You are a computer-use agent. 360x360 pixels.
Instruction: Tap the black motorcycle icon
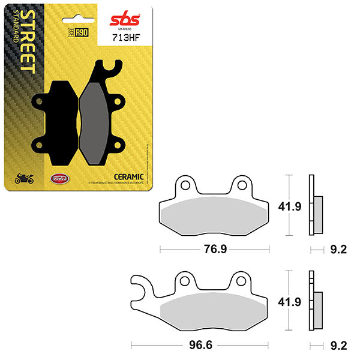(23, 178)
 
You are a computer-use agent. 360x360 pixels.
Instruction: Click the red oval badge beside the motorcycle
(58, 178)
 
